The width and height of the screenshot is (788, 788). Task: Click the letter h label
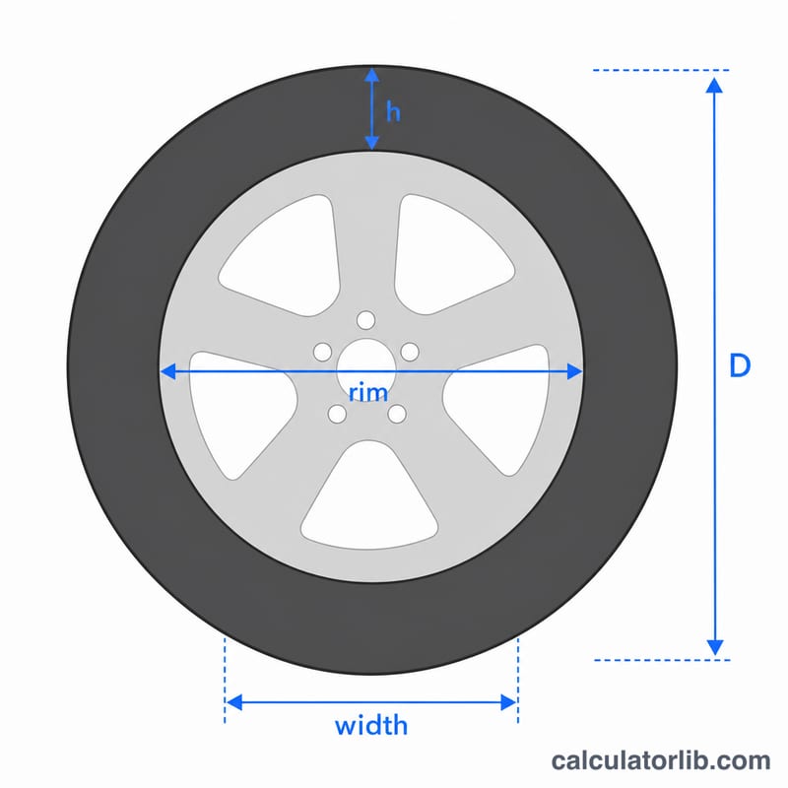393,111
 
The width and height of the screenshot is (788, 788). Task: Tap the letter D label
740,365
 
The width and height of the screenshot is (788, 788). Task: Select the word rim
368,392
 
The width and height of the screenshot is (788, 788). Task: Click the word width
371,725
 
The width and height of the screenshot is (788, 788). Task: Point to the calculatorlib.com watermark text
661,760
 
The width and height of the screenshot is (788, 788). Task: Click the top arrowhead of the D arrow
714,86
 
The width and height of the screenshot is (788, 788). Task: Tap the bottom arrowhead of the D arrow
715,648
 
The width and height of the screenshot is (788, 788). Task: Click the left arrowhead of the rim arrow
167,371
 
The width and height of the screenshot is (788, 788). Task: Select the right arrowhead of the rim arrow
574,371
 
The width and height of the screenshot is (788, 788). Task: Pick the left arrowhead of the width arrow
234,702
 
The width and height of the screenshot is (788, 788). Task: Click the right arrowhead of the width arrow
508,702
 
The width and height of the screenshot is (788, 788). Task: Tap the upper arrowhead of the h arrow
371,76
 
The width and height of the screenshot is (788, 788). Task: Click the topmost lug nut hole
365,320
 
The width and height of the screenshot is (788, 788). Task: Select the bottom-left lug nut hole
337,414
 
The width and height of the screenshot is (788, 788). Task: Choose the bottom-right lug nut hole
397,414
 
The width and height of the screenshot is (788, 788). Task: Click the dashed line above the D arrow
661,70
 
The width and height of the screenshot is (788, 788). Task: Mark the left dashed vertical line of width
225,681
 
